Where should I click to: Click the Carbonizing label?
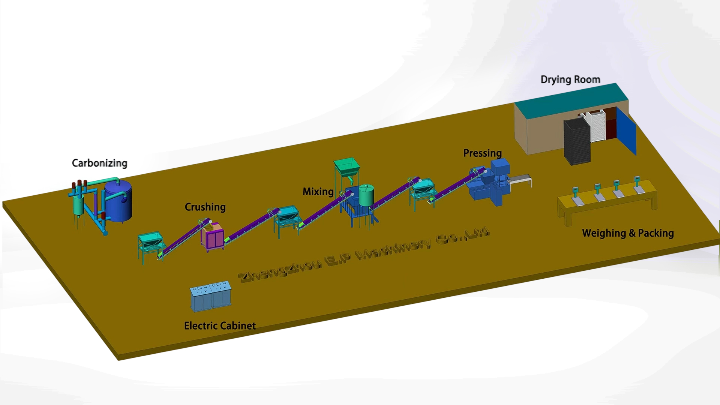click(99, 163)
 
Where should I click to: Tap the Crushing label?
click(205, 207)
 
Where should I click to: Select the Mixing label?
click(318, 192)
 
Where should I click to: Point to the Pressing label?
click(482, 153)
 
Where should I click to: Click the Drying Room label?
click(570, 79)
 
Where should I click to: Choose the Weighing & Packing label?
click(628, 233)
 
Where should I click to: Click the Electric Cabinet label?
click(220, 325)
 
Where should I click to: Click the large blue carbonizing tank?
click(118, 201)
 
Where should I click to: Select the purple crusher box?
click(212, 237)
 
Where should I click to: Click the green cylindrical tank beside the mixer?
click(366, 195)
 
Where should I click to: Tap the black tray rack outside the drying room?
click(577, 142)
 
